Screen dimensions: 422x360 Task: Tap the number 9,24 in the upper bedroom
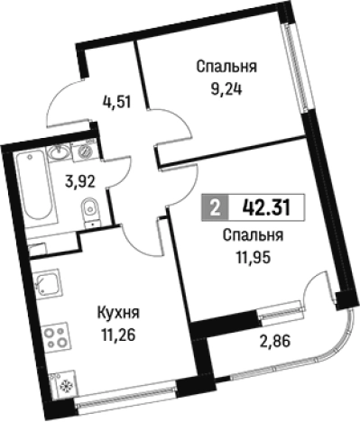pos(227,89)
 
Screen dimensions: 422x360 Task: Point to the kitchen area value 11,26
pos(117,335)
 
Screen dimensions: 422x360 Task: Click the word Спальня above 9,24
pos(227,67)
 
